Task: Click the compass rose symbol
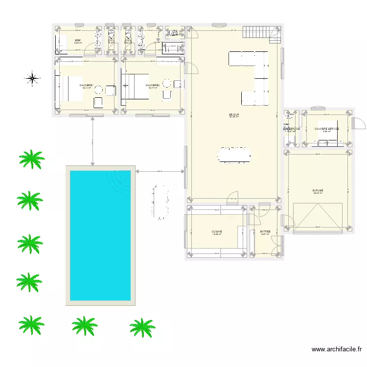point(32,78)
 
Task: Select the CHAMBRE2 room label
point(153,85)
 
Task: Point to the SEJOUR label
point(234,115)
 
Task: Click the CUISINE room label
point(217,231)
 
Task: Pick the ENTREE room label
point(265,231)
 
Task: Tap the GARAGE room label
point(318,190)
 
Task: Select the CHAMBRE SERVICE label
point(326,129)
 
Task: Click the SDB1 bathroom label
point(77,40)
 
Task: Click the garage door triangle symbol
point(318,217)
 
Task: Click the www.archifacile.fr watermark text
point(337,349)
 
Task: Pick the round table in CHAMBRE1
point(98,90)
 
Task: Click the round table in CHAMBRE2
point(167,83)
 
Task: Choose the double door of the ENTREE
point(276,245)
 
